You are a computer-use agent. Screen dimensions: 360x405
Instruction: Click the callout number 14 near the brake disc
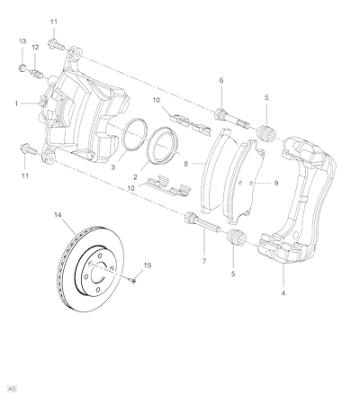58,215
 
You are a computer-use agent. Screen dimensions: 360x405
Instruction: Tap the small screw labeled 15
133,281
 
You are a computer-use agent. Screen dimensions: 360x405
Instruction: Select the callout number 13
22,41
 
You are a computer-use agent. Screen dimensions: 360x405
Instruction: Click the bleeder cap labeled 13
22,67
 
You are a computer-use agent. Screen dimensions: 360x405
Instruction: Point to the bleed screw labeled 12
37,74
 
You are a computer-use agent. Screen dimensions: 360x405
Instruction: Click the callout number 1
16,103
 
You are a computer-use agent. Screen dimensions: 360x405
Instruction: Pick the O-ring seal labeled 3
135,133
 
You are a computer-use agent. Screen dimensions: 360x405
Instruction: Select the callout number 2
135,177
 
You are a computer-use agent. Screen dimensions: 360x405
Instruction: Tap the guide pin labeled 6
233,120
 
